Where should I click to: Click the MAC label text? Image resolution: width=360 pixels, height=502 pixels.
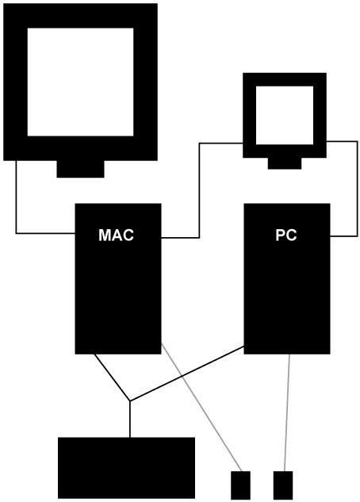[116, 235]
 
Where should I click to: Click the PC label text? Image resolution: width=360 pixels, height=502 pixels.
[286, 235]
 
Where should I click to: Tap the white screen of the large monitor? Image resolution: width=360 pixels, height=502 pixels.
[80, 82]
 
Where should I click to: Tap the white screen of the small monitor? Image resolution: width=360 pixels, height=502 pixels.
[285, 115]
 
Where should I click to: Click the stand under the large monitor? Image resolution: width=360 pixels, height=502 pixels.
[80, 169]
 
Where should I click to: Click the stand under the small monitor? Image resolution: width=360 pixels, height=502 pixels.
[285, 163]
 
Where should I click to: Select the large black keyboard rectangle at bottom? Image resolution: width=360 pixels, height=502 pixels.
[126, 468]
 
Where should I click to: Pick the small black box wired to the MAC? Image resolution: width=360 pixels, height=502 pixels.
[240, 485]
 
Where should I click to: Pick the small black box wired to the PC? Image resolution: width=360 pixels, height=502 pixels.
[283, 485]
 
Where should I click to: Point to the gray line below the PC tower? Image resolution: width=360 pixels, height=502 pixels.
[287, 412]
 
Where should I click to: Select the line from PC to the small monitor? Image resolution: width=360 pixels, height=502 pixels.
[358, 189]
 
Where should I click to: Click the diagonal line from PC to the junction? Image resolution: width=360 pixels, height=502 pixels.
[187, 374]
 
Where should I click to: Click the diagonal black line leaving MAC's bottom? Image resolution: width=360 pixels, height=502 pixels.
[112, 377]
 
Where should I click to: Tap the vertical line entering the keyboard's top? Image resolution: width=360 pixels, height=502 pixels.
[129, 419]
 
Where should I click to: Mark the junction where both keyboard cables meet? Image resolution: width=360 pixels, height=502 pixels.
[129, 400]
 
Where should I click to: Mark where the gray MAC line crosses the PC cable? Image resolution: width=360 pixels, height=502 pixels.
[182, 376]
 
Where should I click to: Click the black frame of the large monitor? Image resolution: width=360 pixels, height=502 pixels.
[15, 82]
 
